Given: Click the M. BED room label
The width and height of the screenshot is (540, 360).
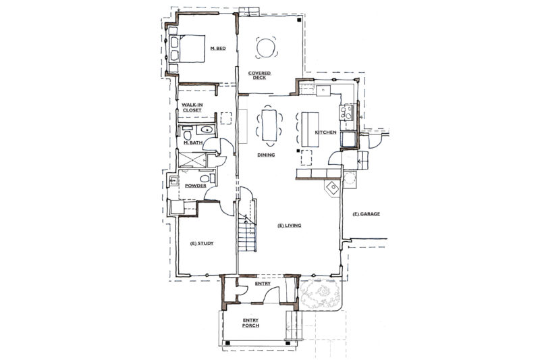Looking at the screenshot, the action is (x=218, y=49).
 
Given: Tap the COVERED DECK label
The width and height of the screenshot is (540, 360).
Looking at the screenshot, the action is (x=259, y=76).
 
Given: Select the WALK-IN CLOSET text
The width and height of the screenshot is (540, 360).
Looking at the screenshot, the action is (x=192, y=107).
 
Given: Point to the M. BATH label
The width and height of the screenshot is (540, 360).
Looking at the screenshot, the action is (x=193, y=143).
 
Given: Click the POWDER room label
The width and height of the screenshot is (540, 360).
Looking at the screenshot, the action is (x=196, y=186).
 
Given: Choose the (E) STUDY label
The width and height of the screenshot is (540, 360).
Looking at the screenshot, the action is (x=202, y=243).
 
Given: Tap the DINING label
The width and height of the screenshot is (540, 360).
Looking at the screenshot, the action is (x=266, y=155).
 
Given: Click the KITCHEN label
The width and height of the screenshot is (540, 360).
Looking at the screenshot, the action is (x=325, y=132).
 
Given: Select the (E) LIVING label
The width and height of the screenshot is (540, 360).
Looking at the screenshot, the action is (x=290, y=226).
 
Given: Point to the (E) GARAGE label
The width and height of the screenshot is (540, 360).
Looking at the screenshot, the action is (x=367, y=214).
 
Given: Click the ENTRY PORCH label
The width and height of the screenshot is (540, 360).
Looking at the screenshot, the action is (x=250, y=323).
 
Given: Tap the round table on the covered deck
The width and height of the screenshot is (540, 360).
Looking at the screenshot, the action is (x=266, y=47).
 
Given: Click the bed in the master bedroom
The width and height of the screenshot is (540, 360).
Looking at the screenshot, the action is (x=187, y=49).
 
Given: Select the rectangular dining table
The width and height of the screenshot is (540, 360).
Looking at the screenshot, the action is (x=269, y=125).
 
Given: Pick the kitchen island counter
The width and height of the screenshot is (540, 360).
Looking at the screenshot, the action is (x=310, y=129).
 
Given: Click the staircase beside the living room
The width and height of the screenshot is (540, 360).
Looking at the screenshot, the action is (x=247, y=224).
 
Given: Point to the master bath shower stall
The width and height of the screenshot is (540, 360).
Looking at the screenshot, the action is (x=192, y=160).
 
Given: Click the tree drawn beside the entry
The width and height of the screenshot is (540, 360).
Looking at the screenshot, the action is (x=320, y=294).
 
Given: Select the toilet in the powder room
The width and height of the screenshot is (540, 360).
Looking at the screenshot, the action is (x=206, y=178).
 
